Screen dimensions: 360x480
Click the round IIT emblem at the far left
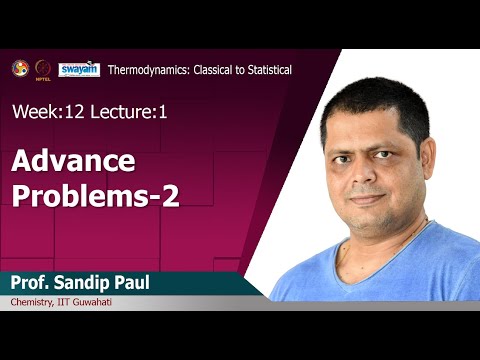click(x=19, y=69)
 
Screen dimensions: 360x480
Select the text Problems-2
click(x=96, y=195)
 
